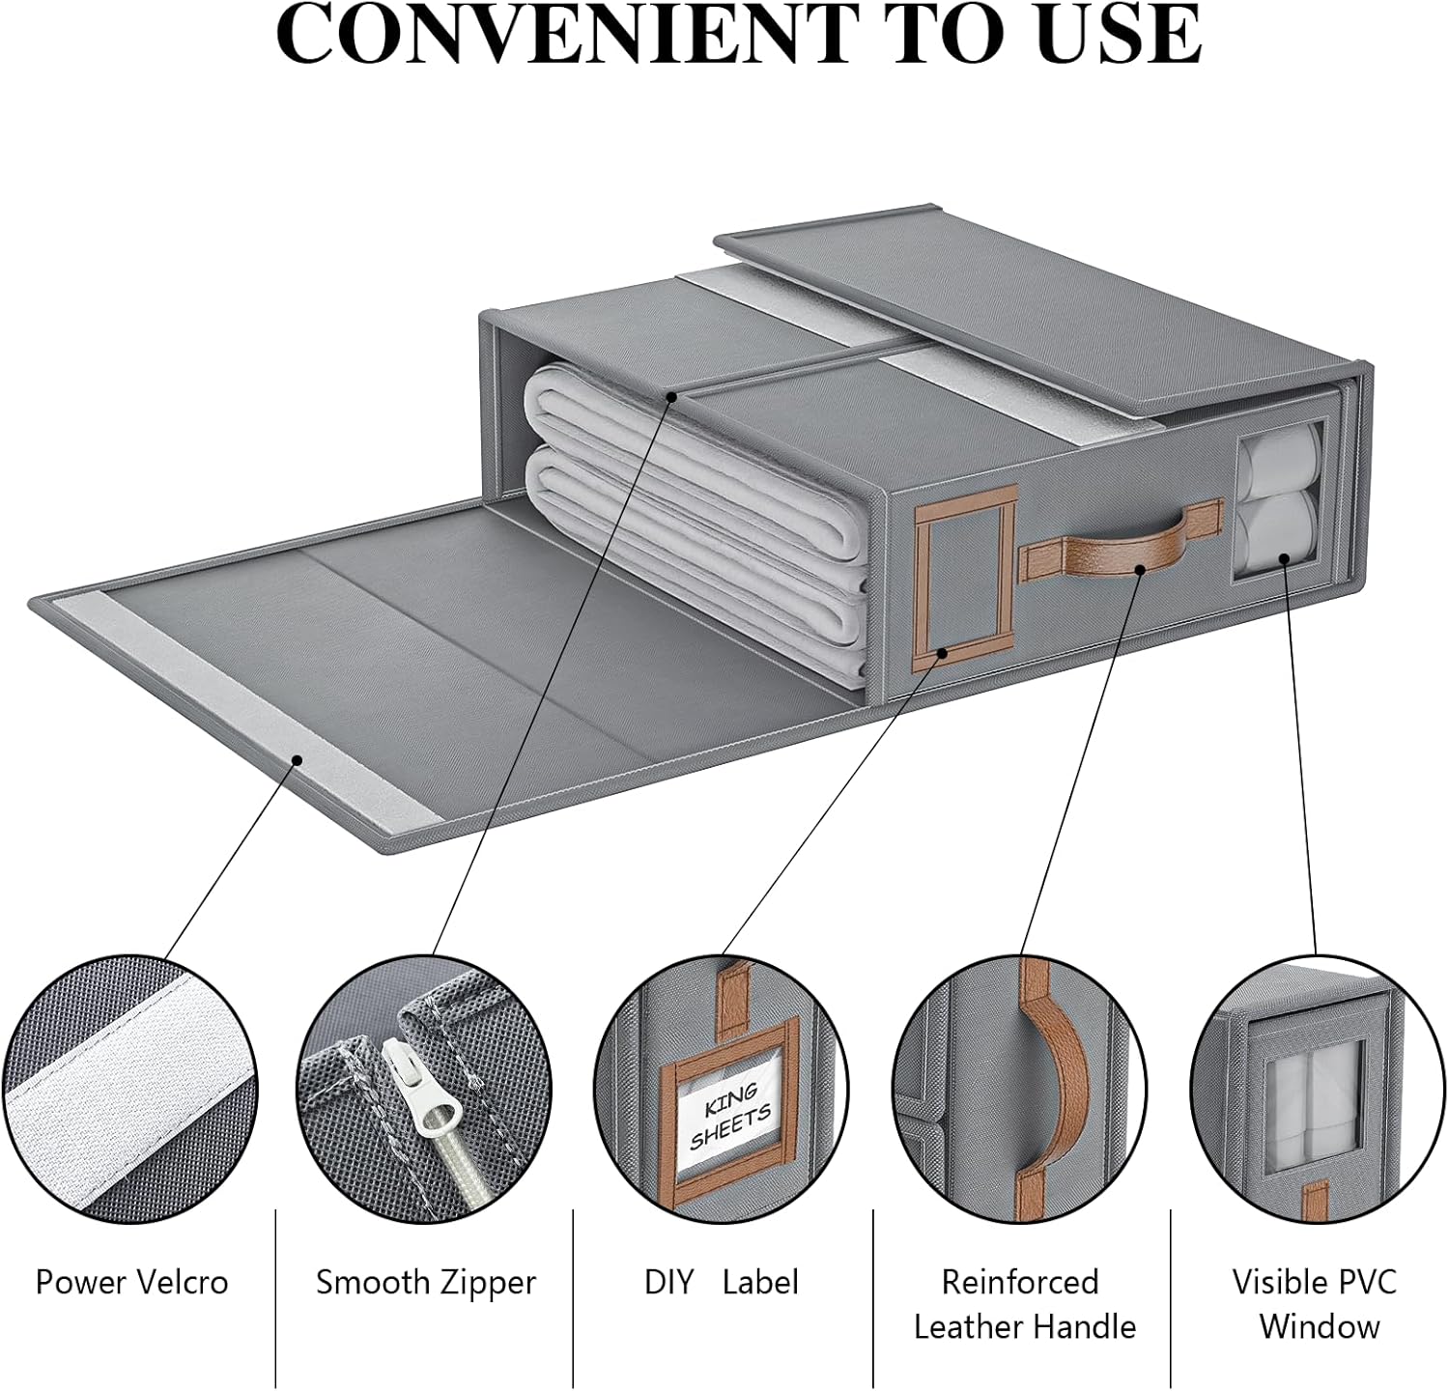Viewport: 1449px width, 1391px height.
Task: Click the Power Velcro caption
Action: [x=132, y=1282]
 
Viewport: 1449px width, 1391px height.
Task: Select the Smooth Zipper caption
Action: [x=426, y=1282]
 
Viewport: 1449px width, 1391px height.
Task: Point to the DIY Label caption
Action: [x=722, y=1282]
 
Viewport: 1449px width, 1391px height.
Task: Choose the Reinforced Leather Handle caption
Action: [x=1024, y=1304]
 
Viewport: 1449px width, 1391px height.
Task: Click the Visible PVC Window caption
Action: [x=1316, y=1304]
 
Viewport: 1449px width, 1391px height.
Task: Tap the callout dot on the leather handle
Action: [x=1140, y=569]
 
